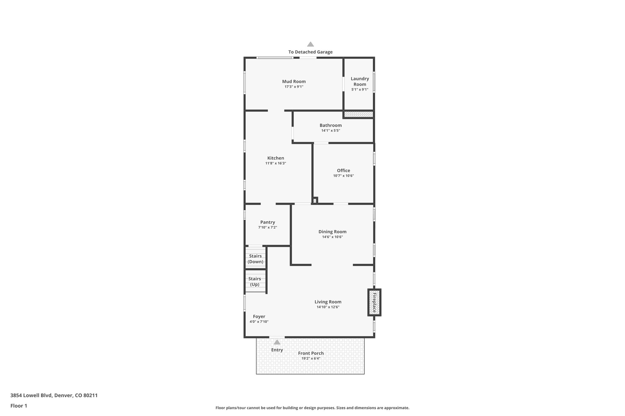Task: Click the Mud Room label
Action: pyautogui.click(x=294, y=81)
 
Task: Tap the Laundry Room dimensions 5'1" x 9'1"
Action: pyautogui.click(x=360, y=90)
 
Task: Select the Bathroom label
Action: pyautogui.click(x=331, y=125)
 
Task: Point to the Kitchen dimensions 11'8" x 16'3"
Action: pyautogui.click(x=276, y=163)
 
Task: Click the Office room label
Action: pyautogui.click(x=343, y=170)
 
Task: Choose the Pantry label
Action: pyautogui.click(x=268, y=222)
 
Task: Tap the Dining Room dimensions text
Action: pyautogui.click(x=332, y=237)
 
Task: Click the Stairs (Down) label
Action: pyautogui.click(x=255, y=259)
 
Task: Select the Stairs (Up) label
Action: pyautogui.click(x=255, y=282)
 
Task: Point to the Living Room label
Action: pyautogui.click(x=328, y=302)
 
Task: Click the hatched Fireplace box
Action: pyautogui.click(x=374, y=302)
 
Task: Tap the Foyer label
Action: pyautogui.click(x=259, y=316)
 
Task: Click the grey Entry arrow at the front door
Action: pyautogui.click(x=277, y=342)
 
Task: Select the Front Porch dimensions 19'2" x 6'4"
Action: pyautogui.click(x=311, y=358)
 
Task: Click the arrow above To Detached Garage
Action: pyautogui.click(x=310, y=44)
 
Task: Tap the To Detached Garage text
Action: pyautogui.click(x=310, y=52)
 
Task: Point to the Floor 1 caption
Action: pyautogui.click(x=19, y=406)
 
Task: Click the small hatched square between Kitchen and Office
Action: pyautogui.click(x=315, y=201)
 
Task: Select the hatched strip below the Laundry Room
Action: pyautogui.click(x=359, y=114)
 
